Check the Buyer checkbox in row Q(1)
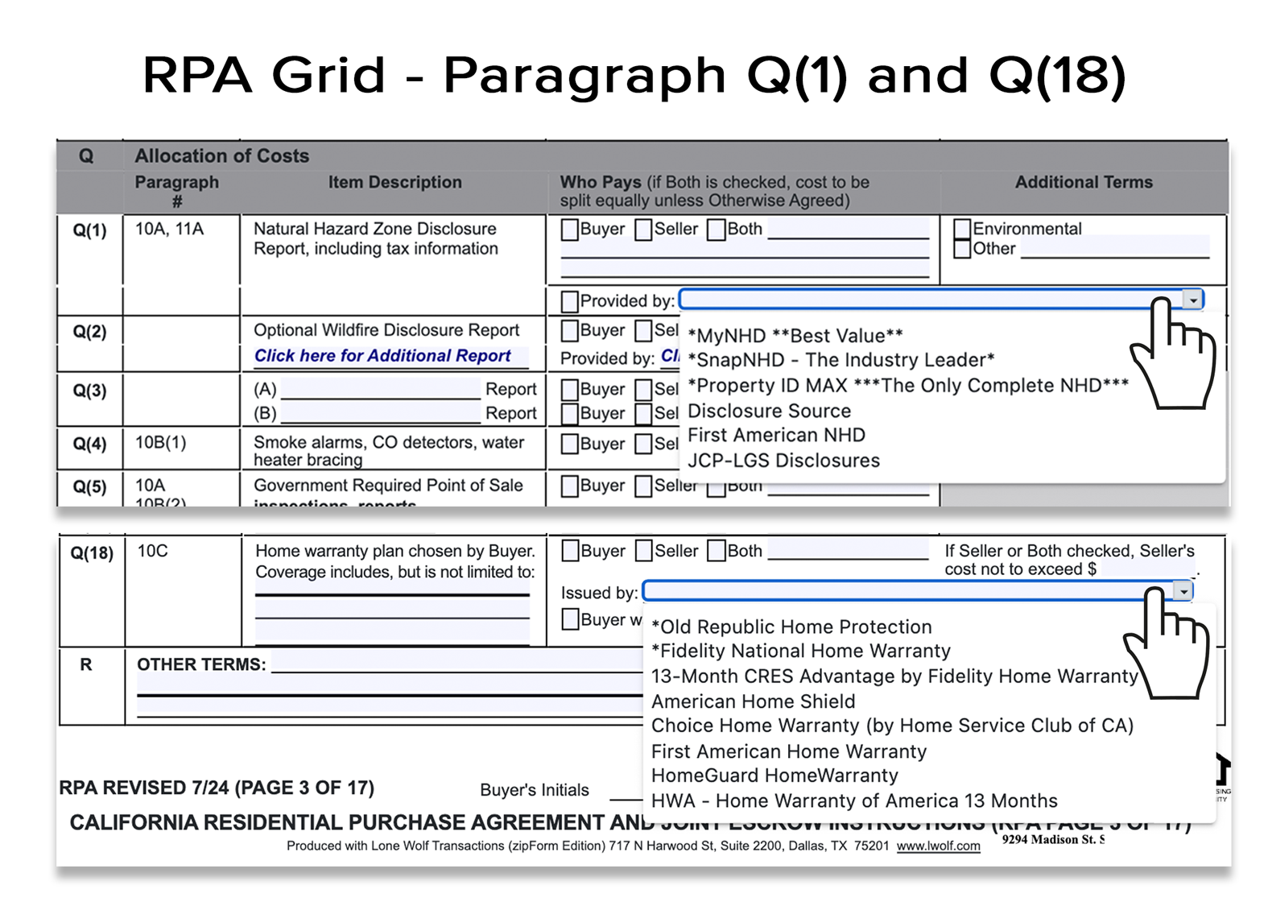coord(569,230)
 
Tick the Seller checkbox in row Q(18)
coord(644,551)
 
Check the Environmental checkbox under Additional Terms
coord(961,229)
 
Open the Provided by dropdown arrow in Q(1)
coord(1192,300)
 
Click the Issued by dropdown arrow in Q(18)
coord(1182,592)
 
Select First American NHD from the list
coord(776,436)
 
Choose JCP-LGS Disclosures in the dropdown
coord(783,461)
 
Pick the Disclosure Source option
coord(769,411)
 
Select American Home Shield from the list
coord(753,701)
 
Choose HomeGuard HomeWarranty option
coord(774,776)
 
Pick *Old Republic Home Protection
coord(791,627)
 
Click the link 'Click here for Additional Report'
coord(382,356)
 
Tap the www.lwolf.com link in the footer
coord(938,846)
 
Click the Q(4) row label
coord(89,444)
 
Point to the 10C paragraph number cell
coord(153,552)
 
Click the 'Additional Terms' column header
coord(1083,182)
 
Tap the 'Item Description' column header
coord(394,182)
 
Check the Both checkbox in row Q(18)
coord(717,551)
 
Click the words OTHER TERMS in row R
coord(200,665)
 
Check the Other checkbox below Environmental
coord(961,249)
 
